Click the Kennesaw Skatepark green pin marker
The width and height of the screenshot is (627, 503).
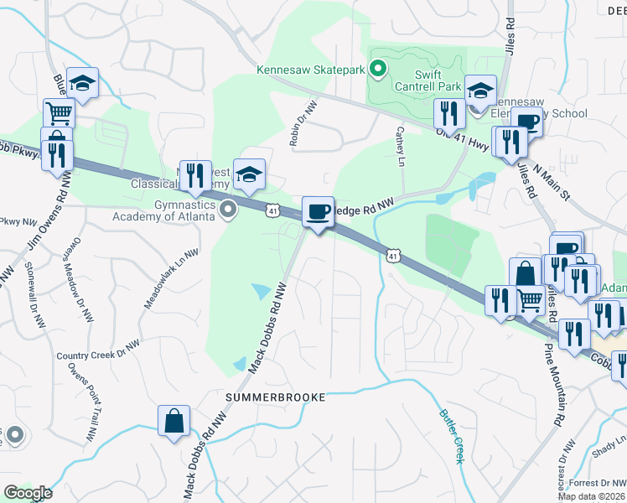[378, 70]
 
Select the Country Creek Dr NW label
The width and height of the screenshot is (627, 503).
[98, 350]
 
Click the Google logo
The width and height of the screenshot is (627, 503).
[28, 493]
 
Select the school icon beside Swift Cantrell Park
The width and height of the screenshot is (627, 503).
[481, 90]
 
